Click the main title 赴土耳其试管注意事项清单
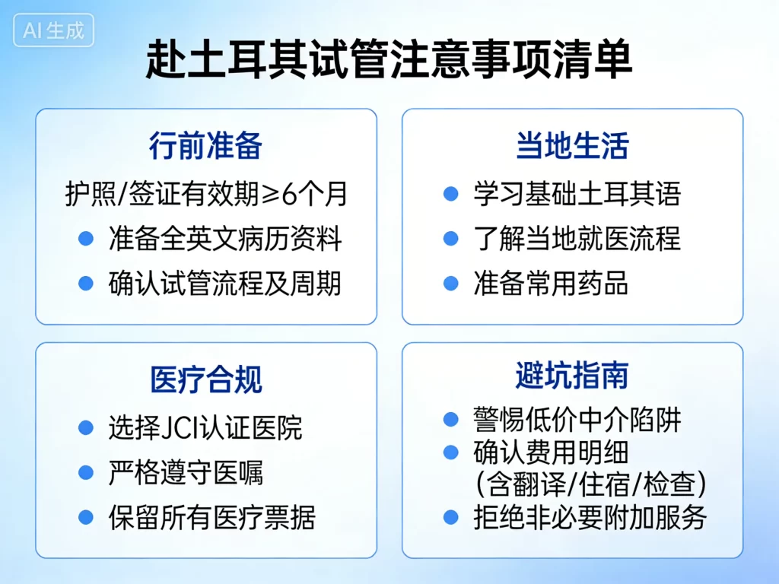pos(389,60)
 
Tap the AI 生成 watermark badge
pos(53,30)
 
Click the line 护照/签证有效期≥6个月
pos(205,194)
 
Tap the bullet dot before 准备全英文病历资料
pos(86,239)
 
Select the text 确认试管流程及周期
pos(225,284)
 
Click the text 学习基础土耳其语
pos(577,194)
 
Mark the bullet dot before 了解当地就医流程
pos(451,239)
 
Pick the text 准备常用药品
pos(551,284)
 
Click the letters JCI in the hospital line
pos(181,428)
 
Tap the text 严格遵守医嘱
pos(186,473)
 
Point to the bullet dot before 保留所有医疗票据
pos(86,518)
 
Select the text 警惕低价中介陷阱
pos(577,419)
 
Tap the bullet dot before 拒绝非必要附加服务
pos(451,517)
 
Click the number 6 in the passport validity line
pos(290,195)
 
